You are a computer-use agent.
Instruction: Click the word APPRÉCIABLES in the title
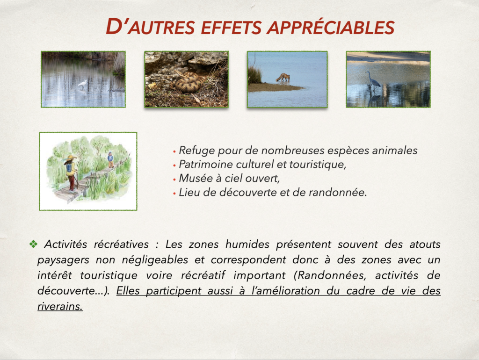pyautogui.click(x=331, y=28)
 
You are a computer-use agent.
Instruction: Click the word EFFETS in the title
pyautogui.click(x=231, y=28)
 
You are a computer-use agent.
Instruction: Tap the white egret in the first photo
pyautogui.click(x=82, y=84)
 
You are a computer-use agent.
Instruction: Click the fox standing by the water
pyautogui.click(x=283, y=77)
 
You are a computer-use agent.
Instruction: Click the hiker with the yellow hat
pyautogui.click(x=71, y=173)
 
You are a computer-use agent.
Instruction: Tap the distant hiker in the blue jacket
pyautogui.click(x=110, y=159)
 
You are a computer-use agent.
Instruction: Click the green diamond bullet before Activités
pyautogui.click(x=33, y=244)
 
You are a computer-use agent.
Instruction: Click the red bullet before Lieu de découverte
pyautogui.click(x=174, y=193)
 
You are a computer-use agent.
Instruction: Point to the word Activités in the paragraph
pyautogui.click(x=65, y=244)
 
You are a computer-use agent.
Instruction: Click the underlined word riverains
pyautogui.click(x=60, y=306)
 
